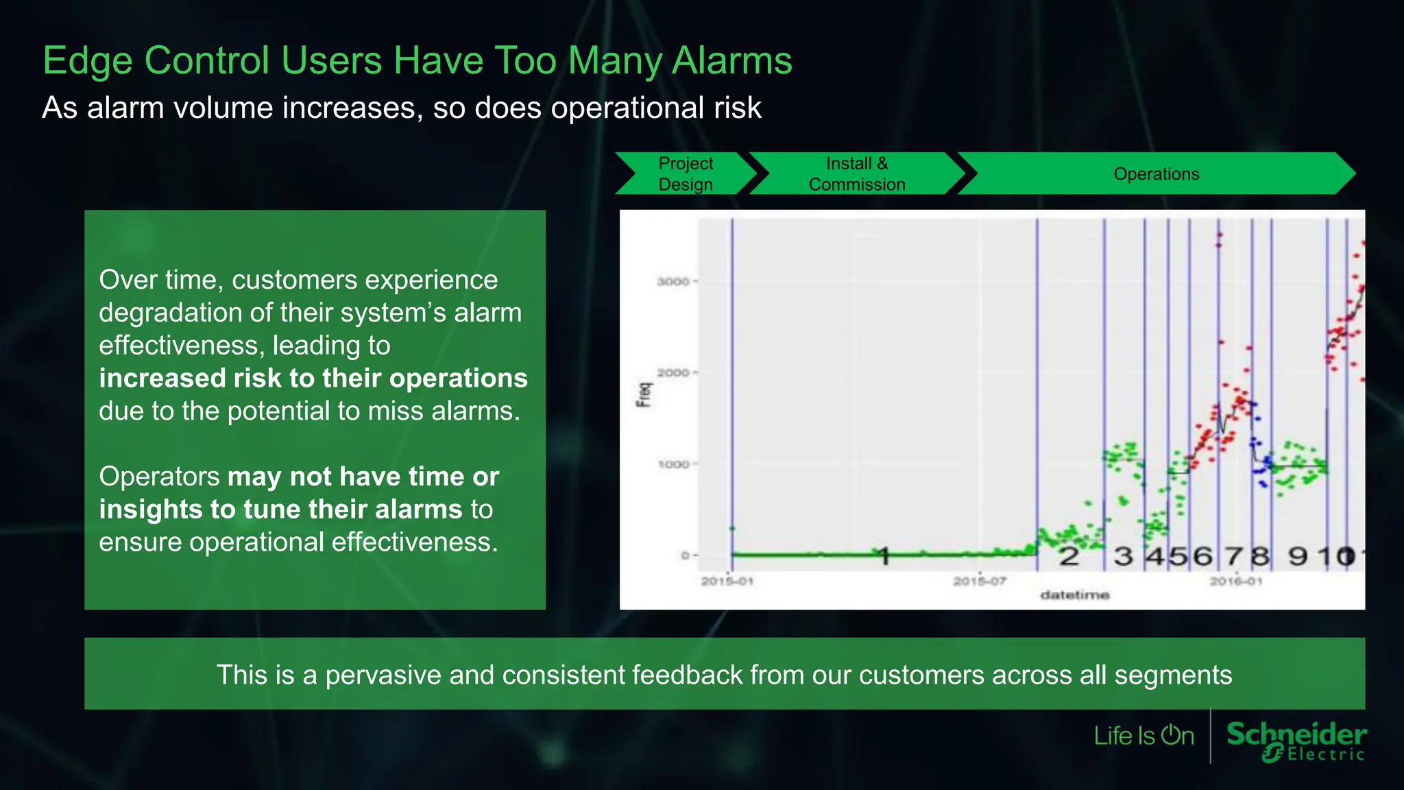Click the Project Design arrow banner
(x=685, y=173)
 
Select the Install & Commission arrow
(x=856, y=173)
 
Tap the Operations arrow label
(x=1156, y=173)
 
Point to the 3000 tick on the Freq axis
(x=673, y=281)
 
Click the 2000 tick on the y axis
(x=673, y=372)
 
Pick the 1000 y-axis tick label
(x=673, y=464)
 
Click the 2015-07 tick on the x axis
(x=979, y=581)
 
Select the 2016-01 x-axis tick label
(x=1235, y=581)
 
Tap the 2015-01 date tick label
(x=727, y=581)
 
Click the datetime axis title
(x=1074, y=595)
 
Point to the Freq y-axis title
(x=644, y=394)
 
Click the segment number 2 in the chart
(x=1069, y=556)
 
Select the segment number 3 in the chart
(x=1123, y=556)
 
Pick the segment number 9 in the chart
(x=1298, y=555)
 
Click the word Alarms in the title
(x=731, y=60)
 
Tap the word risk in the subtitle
(x=737, y=108)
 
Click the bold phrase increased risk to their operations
(x=313, y=378)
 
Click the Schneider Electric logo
(x=1296, y=741)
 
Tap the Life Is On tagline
(x=1143, y=736)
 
